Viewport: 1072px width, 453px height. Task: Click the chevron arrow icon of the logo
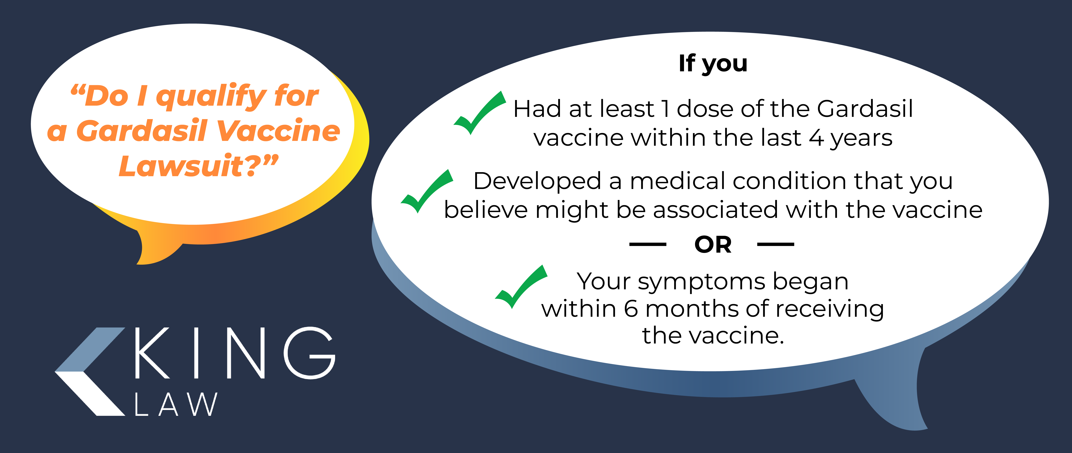(90, 371)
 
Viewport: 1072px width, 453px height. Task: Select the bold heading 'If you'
(713, 64)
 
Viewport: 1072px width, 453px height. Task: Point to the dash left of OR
(647, 244)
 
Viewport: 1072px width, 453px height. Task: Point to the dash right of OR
(776, 244)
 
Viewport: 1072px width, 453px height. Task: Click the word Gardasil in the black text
(865, 109)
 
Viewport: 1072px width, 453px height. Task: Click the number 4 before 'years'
(816, 138)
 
